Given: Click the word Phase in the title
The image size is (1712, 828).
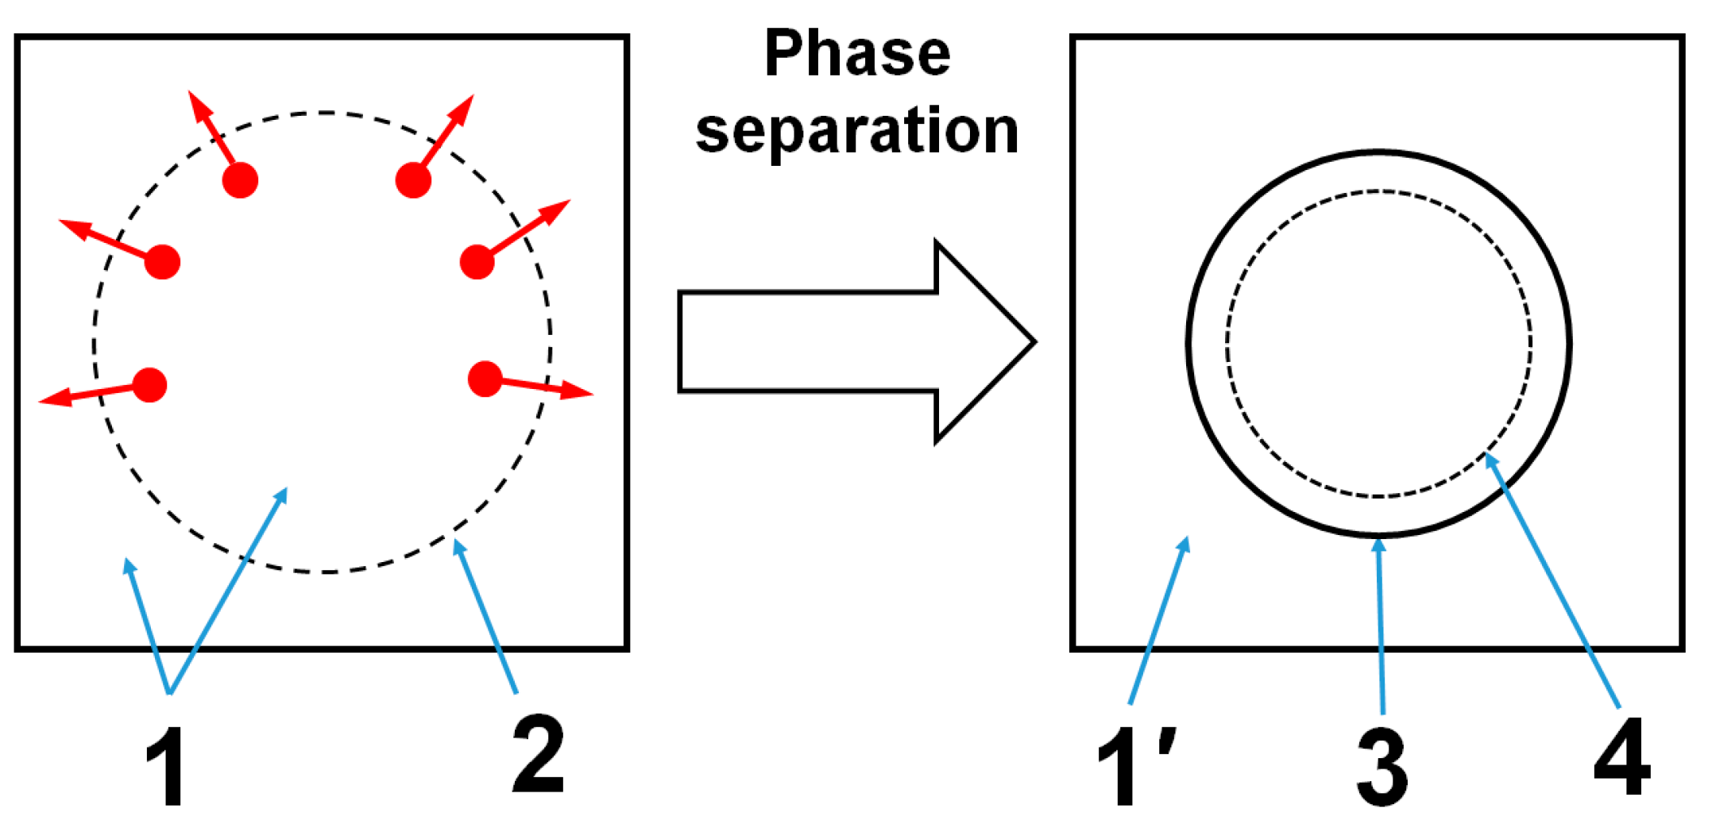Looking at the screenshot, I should tap(857, 54).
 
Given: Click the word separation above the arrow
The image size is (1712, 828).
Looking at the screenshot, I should tap(857, 131).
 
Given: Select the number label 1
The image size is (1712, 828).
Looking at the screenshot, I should tap(165, 767).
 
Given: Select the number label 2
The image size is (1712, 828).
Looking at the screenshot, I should tap(539, 754).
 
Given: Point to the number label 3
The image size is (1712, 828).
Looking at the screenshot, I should tap(1382, 767).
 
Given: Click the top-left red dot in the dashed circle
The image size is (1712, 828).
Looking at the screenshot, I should tap(240, 180).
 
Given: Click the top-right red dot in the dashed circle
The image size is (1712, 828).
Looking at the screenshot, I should tap(413, 180).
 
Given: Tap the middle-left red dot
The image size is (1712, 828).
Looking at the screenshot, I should tap(163, 262).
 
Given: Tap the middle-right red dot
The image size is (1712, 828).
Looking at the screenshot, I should tap(477, 262).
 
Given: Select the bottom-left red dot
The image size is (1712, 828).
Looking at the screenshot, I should tap(150, 385).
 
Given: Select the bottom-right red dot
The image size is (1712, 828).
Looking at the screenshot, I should tap(485, 379).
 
